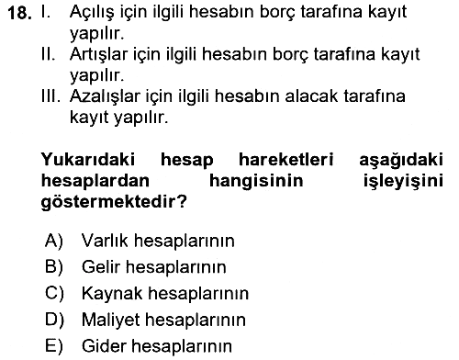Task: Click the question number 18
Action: pyautogui.click(x=19, y=13)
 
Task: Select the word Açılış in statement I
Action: pyautogui.click(x=92, y=13)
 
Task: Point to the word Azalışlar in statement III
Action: pyautogui.click(x=105, y=96)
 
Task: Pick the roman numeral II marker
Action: pyautogui.click(x=49, y=54)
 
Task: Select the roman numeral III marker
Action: pyautogui.click(x=50, y=96)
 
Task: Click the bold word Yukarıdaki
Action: pyautogui.click(x=88, y=159)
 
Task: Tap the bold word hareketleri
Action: pyautogui.click(x=285, y=159)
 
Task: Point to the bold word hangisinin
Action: pyautogui.click(x=256, y=181)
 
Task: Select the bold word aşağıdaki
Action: pyautogui.click(x=401, y=160)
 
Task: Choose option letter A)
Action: pyautogui.click(x=54, y=240)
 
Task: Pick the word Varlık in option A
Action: pyautogui.click(x=105, y=240)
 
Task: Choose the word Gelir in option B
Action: pyautogui.click(x=100, y=266)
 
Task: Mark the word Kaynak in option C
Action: pyautogui.click(x=112, y=293)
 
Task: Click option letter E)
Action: pyautogui.click(x=54, y=346)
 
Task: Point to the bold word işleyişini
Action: pyautogui.click(x=403, y=181)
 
